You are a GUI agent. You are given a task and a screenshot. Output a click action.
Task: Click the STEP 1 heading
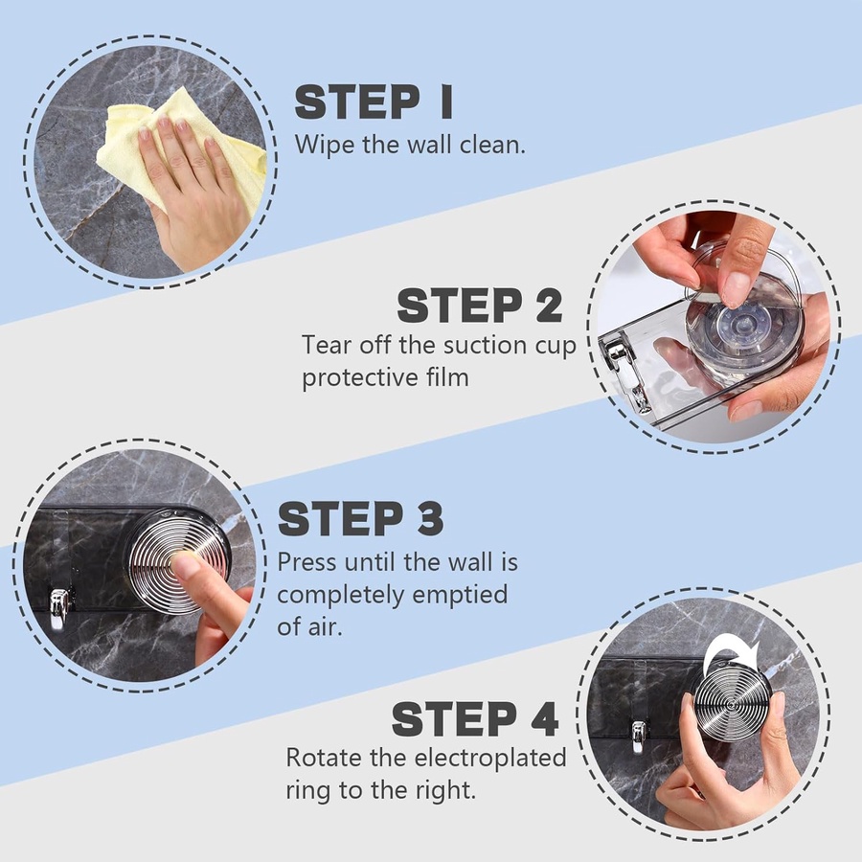point(374,102)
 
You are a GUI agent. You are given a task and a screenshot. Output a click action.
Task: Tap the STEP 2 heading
point(480,306)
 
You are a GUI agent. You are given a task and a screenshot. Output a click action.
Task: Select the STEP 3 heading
point(361,518)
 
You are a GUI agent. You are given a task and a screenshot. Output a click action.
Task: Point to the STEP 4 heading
point(475,718)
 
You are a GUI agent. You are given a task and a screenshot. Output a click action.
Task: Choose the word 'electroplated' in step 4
point(490,758)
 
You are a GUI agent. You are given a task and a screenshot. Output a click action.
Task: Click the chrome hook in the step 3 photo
point(58,608)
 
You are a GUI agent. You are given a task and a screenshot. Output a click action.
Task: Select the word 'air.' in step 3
point(326,627)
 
